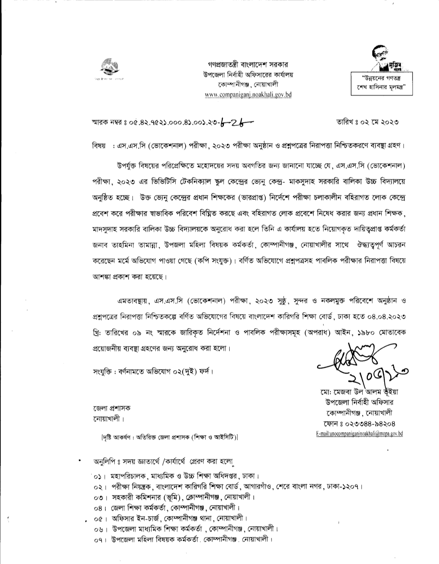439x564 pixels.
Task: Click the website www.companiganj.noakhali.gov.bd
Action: pyautogui.click(x=248, y=95)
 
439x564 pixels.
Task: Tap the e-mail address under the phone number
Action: pyautogui.click(x=359, y=434)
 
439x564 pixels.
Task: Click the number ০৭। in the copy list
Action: pyautogui.click(x=99, y=540)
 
